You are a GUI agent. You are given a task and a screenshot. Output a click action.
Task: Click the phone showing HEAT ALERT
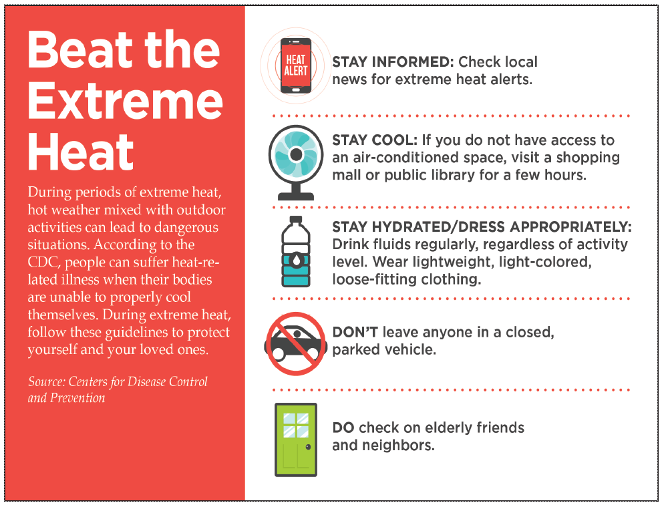point(295,65)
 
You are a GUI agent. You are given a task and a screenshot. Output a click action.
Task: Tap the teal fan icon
point(295,162)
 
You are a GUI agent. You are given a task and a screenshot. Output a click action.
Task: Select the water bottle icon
point(296,251)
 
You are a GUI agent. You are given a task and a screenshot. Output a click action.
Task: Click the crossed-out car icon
point(295,343)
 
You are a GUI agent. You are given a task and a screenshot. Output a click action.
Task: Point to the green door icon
point(295,440)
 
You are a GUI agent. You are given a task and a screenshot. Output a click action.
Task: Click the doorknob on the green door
point(308,447)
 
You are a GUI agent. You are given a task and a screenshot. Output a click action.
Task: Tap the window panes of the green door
point(295,426)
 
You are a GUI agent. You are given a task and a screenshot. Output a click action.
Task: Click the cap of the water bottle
point(295,220)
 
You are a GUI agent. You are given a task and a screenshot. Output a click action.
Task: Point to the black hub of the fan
point(297,154)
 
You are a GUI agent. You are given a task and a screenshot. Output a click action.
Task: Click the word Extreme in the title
point(126,101)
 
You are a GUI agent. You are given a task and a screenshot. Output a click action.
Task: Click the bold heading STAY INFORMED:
point(393,62)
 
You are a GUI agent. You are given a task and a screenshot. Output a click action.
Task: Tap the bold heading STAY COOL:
point(375,140)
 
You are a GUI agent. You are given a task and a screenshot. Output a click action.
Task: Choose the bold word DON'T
point(355,332)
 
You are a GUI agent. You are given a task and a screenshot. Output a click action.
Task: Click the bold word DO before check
point(343,428)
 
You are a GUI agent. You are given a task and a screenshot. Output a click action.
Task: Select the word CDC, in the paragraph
point(44,263)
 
